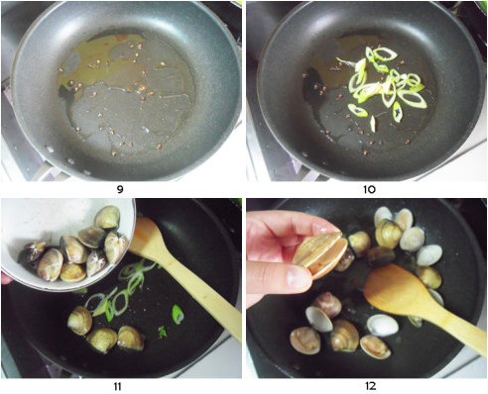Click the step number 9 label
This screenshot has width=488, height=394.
(x=120, y=189)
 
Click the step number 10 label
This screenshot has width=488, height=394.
(x=369, y=189)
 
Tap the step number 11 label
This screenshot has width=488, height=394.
(x=117, y=386)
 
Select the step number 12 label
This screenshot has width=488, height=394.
(x=370, y=386)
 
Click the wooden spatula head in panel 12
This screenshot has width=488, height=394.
(x=395, y=290)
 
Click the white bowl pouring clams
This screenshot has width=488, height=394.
(x=66, y=245)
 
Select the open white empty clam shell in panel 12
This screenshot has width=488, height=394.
(x=383, y=326)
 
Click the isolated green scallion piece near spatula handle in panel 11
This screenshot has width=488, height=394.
(x=178, y=314)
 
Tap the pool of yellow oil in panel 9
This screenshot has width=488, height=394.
(x=99, y=62)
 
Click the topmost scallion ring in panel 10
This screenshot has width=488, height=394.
(x=385, y=53)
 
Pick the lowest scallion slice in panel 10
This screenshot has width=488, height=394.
(x=373, y=124)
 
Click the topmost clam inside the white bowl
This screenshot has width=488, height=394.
(x=107, y=217)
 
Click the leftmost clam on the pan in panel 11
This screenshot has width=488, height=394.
(x=80, y=320)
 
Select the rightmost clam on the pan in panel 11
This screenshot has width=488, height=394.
(x=131, y=338)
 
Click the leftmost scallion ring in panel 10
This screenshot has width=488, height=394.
(x=358, y=111)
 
